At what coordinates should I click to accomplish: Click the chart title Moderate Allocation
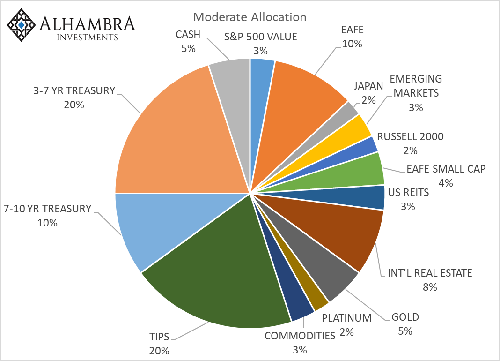(250, 17)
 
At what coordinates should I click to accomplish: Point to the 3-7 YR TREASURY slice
(173, 136)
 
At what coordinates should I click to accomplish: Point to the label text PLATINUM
(346, 318)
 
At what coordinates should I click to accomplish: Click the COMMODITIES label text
(300, 336)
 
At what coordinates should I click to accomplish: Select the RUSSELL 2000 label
(410, 137)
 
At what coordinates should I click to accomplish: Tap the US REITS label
(408, 192)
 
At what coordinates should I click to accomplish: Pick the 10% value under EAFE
(352, 44)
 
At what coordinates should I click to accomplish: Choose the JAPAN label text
(368, 86)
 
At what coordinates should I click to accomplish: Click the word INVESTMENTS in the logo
(87, 37)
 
